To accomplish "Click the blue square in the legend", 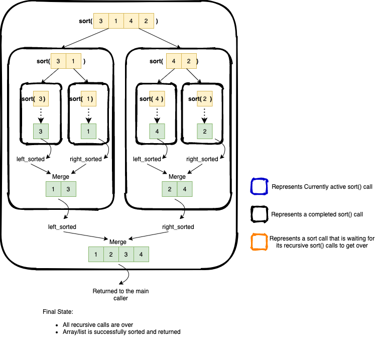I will coord(259,187).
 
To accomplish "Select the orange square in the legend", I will coord(259,243).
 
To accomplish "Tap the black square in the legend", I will coord(259,214).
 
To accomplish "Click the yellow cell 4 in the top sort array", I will coord(132,22).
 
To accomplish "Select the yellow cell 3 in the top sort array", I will coord(101,22).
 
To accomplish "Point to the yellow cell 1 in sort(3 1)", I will coord(74,61).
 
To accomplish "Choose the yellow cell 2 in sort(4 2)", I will coord(189,61).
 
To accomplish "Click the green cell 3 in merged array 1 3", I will coord(69,189).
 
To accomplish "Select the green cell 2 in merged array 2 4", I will coord(169,189).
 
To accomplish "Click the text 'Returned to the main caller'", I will coord(120,295).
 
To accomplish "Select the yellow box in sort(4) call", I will coord(157,99).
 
